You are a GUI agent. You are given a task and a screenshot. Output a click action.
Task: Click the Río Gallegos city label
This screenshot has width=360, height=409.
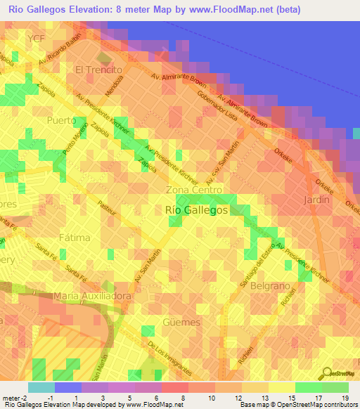[196, 209]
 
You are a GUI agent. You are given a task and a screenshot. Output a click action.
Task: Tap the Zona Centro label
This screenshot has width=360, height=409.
[194, 190]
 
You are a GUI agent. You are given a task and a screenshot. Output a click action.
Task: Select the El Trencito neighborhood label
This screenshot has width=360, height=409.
[98, 70]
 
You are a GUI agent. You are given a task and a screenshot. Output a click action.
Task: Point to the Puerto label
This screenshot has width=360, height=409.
[60, 120]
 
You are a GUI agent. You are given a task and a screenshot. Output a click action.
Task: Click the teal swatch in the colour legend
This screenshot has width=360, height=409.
[41, 387]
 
